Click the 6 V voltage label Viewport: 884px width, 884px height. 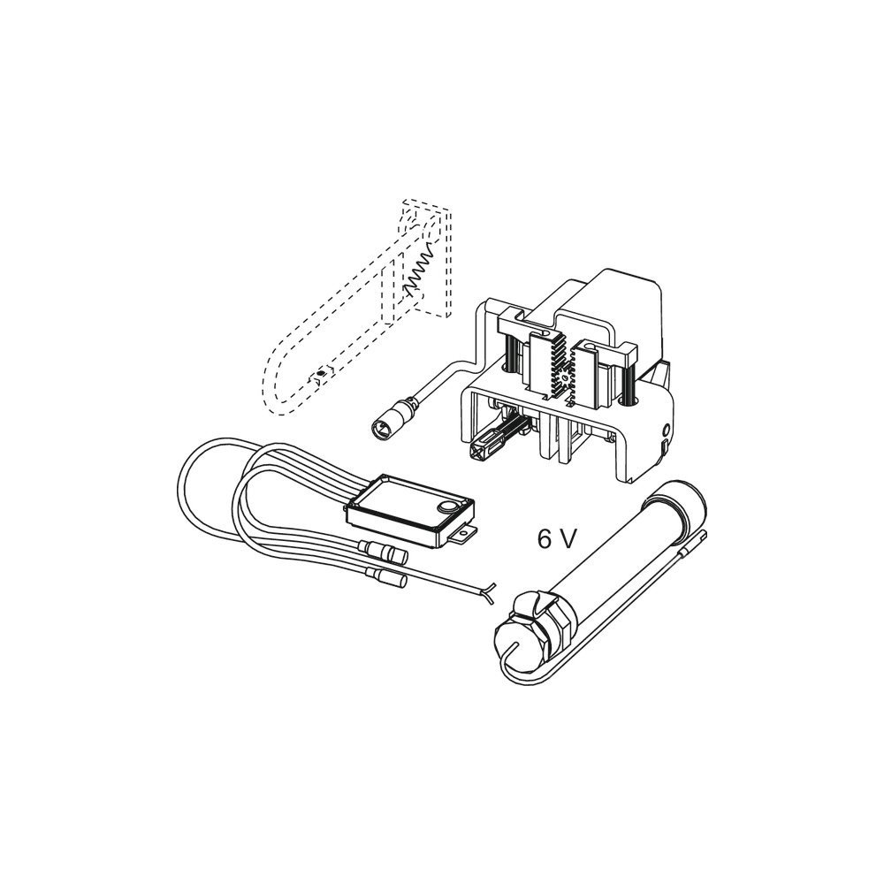click(556, 539)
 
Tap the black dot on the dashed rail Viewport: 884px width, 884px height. click(321, 373)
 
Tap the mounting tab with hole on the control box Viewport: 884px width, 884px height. click(466, 532)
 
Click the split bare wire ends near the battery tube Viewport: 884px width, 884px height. click(486, 592)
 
